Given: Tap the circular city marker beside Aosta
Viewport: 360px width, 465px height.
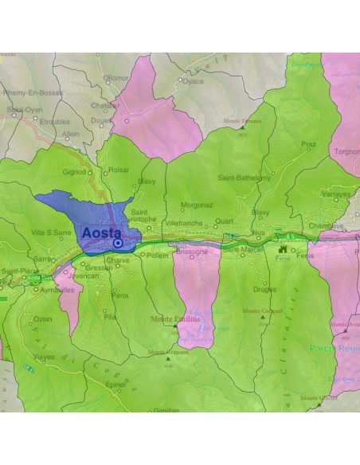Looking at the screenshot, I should pyautogui.click(x=118, y=243).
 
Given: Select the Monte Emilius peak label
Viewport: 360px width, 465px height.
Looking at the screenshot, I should pyautogui.click(x=175, y=318).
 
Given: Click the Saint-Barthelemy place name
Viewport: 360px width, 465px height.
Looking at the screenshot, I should pyautogui.click(x=243, y=178).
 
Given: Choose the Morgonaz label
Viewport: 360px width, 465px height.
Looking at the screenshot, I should pyautogui.click(x=196, y=205).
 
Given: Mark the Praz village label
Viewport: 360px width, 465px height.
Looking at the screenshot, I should pyautogui.click(x=308, y=144).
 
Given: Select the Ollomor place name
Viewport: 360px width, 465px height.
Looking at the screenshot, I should pyautogui.click(x=115, y=78).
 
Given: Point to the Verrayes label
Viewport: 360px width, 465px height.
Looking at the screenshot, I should pyautogui.click(x=335, y=194).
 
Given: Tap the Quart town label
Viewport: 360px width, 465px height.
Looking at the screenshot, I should pyautogui.click(x=225, y=222).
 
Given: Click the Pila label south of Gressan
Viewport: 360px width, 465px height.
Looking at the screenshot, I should pyautogui.click(x=110, y=316).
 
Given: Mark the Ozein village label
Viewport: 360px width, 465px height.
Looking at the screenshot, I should pyautogui.click(x=43, y=318).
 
